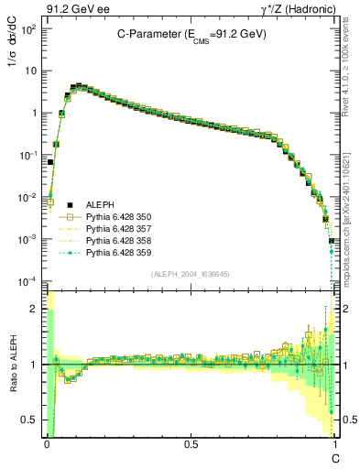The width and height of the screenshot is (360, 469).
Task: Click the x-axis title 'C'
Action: pyautogui.click(x=335, y=457)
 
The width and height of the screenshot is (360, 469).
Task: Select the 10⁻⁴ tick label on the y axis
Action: pyautogui.click(x=29, y=280)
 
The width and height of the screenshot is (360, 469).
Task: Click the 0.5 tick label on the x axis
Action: pyautogui.click(x=191, y=444)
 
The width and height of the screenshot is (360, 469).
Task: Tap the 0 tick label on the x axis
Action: pyautogui.click(x=46, y=444)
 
